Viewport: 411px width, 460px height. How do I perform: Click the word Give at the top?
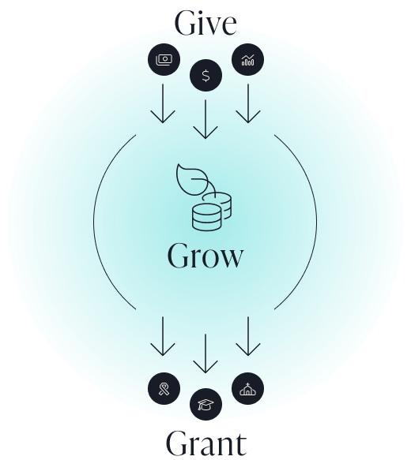pos(205,23)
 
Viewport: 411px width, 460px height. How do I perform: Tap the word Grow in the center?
pos(205,256)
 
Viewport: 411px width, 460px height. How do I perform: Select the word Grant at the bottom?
pos(206,443)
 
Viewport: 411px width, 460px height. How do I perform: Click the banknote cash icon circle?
pos(164,59)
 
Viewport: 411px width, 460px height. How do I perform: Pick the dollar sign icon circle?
pos(206,76)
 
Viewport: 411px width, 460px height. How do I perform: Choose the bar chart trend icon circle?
pos(247,59)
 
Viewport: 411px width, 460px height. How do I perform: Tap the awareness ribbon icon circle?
pos(164,389)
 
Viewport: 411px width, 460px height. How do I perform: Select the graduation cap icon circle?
pos(206,405)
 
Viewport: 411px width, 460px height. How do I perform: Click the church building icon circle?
pos(247,389)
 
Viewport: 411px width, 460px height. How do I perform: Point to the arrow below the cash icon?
pos(163,103)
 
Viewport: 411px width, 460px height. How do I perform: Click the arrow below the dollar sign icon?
pos(205,119)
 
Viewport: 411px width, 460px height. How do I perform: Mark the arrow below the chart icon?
pos(248,103)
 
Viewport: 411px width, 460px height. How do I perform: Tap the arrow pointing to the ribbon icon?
pos(163,336)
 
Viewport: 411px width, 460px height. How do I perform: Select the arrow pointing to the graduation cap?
pos(205,353)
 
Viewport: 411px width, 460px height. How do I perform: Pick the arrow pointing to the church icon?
pos(248,336)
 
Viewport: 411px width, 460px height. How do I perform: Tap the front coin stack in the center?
pos(206,217)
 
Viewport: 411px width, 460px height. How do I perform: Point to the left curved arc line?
pos(94,222)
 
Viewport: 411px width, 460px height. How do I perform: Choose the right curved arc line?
pos(317,222)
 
